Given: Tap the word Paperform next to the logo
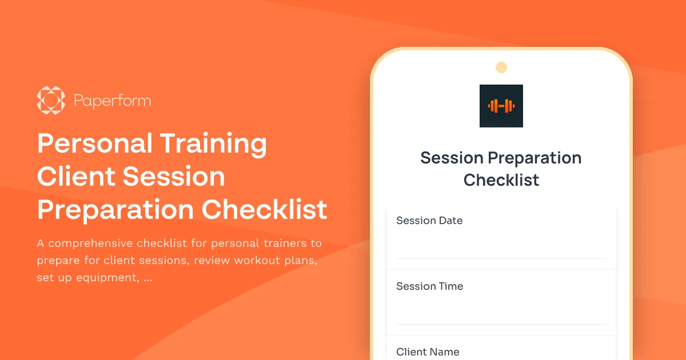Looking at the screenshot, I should [x=112, y=101].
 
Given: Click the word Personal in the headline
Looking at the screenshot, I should [x=94, y=143].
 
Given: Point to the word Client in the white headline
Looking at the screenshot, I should [x=74, y=177].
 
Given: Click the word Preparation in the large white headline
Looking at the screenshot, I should [x=115, y=210].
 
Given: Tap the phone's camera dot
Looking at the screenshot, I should [x=501, y=67].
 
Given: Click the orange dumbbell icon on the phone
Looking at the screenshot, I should [x=501, y=106].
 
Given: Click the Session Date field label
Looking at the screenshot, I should [x=429, y=221].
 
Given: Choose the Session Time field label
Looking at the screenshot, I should [x=429, y=286].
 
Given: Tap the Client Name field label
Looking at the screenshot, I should [x=428, y=352].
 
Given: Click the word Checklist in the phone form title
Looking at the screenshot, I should [x=501, y=180].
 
